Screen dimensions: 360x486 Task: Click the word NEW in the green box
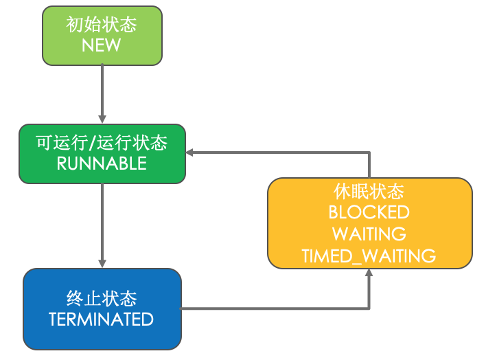(x=102, y=45)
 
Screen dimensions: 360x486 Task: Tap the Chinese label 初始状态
(x=102, y=25)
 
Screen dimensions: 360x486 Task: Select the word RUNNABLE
(x=102, y=164)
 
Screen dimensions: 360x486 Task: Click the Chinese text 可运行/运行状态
(x=102, y=144)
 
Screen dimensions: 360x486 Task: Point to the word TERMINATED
(x=102, y=319)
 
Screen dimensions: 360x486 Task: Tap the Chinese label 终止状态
(x=102, y=299)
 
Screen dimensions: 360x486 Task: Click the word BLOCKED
(x=369, y=212)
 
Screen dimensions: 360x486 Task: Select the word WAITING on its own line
(x=369, y=234)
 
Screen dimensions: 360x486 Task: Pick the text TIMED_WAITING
(x=369, y=256)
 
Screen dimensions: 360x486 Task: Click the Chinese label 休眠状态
(x=369, y=190)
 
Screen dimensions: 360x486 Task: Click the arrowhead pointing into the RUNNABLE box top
(x=102, y=120)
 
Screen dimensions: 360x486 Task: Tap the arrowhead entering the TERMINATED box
(x=102, y=263)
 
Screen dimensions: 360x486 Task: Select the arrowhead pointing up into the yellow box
(x=369, y=273)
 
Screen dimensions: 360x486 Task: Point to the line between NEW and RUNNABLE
(x=102, y=89)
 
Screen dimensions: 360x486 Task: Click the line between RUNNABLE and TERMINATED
(x=102, y=220)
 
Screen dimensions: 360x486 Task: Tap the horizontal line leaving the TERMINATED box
(x=275, y=308)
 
